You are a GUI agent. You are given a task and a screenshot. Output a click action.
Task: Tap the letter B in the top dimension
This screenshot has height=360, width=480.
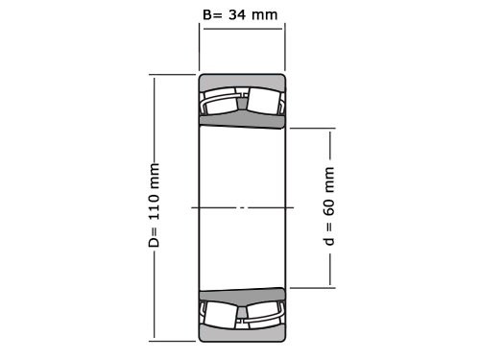click(208, 13)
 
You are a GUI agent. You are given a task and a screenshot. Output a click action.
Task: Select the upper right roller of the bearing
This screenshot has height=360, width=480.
click(265, 101)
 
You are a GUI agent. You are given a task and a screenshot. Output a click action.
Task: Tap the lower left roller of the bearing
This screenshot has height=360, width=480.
click(220, 314)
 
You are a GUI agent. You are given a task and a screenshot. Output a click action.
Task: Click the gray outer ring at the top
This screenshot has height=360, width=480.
click(242, 81)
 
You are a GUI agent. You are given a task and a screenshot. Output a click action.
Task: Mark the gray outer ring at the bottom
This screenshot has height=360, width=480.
click(242, 333)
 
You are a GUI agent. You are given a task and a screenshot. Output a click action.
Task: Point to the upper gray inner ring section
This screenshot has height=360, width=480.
click(242, 119)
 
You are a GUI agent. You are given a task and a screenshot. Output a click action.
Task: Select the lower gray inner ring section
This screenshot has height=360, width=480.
click(242, 295)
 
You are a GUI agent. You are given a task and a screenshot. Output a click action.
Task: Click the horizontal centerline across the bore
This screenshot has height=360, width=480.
click(242, 207)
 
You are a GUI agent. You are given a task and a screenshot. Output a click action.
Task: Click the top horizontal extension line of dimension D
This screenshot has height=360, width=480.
click(173, 75)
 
